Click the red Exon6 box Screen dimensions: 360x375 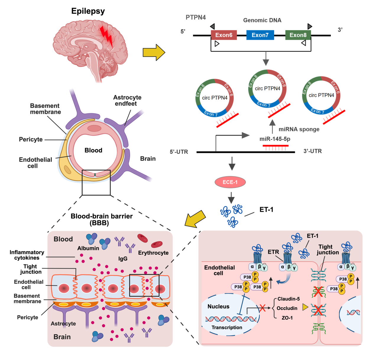[224, 35]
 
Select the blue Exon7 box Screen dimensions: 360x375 [260, 35]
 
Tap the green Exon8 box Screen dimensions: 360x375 [298, 35]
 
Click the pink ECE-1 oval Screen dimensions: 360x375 [230, 182]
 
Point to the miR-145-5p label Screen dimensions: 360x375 [275, 139]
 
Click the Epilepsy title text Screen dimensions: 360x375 [88, 11]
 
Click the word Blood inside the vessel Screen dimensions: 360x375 [93, 150]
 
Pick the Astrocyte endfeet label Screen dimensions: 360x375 [127, 101]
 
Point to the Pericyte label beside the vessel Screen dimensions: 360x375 [31, 139]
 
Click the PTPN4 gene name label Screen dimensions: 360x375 [196, 17]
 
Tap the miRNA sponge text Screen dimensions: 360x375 [299, 129]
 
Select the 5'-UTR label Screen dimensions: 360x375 [179, 152]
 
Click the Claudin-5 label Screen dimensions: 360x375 [288, 299]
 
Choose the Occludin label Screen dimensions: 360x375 [287, 308]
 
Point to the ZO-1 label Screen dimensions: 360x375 [287, 318]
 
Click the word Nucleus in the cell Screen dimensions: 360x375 [218, 306]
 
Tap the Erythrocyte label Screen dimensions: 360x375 [153, 253]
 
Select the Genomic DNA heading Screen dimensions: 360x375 [262, 20]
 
